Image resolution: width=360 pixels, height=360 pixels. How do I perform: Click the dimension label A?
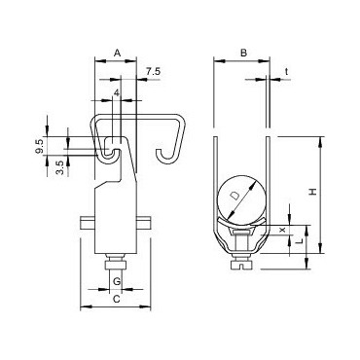pyautogui.click(x=118, y=53)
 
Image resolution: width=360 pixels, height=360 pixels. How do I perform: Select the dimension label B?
pyautogui.click(x=243, y=53)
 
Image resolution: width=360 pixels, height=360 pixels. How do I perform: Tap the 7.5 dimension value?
pyautogui.click(x=153, y=72)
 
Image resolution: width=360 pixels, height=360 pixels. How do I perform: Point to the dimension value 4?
pyautogui.click(x=117, y=93)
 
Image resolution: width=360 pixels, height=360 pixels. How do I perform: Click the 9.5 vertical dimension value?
pyautogui.click(x=40, y=146)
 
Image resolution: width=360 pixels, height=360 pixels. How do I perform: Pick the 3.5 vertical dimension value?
pyautogui.click(x=60, y=167)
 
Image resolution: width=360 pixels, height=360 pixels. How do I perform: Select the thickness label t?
pyautogui.click(x=286, y=72)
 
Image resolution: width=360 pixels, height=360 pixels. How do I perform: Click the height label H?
pyautogui.click(x=312, y=191)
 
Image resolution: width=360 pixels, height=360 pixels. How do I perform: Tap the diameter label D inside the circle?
pyautogui.click(x=234, y=196)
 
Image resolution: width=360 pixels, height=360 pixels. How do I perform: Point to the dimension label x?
pyautogui.click(x=282, y=230)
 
